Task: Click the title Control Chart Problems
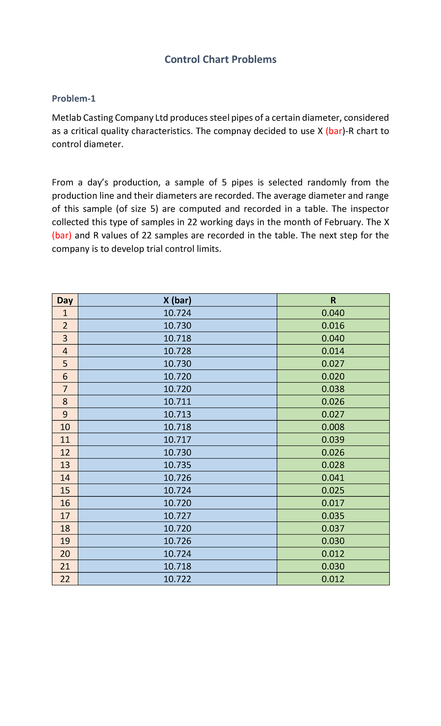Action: tap(220, 60)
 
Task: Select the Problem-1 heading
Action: tap(73, 98)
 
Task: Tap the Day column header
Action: tap(65, 301)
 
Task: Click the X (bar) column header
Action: tap(178, 301)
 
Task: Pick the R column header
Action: tap(333, 301)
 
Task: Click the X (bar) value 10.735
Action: tap(178, 465)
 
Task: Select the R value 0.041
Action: tap(333, 478)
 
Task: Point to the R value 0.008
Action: tap(333, 427)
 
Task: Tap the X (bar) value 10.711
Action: tap(178, 402)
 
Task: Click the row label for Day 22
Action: tap(65, 579)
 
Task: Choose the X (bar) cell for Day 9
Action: tap(178, 414)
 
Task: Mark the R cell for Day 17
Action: tap(333, 516)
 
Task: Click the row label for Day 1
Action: tap(65, 313)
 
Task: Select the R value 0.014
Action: tap(333, 351)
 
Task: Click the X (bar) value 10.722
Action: tap(178, 579)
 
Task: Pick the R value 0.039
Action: tap(333, 440)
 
